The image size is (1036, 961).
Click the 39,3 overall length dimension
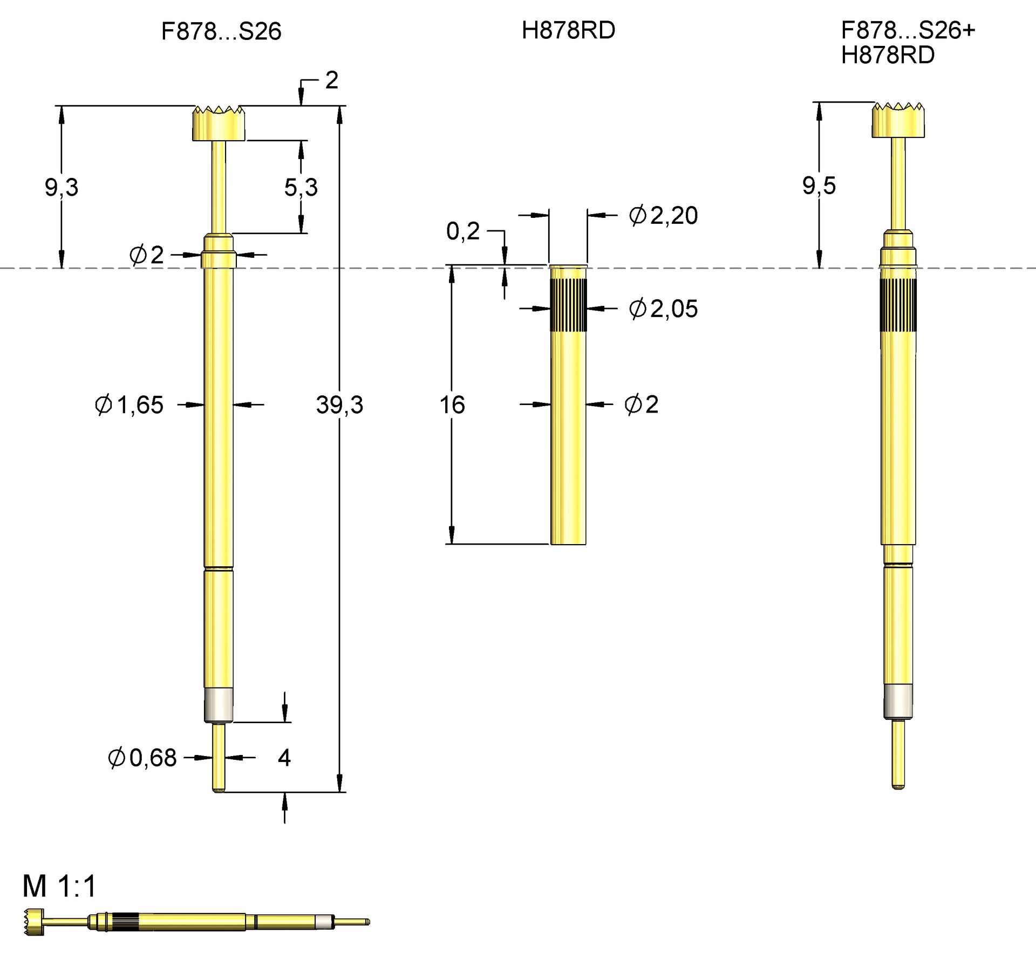pyautogui.click(x=339, y=405)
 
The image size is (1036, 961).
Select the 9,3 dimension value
pyautogui.click(x=62, y=188)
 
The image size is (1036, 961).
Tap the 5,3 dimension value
pyautogui.click(x=301, y=188)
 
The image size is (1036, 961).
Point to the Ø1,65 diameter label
pyautogui.click(x=129, y=405)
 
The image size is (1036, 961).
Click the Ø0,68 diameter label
pyautogui.click(x=142, y=758)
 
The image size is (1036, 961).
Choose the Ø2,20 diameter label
pyautogui.click(x=663, y=216)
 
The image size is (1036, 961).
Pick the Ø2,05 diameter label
pyautogui.click(x=663, y=309)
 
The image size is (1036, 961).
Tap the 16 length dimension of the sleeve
pyautogui.click(x=452, y=405)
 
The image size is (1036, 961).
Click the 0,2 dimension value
pyautogui.click(x=463, y=231)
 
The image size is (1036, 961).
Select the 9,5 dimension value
pyautogui.click(x=819, y=186)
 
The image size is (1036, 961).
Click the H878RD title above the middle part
pyautogui.click(x=568, y=30)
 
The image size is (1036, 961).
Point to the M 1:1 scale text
pyautogui.click(x=59, y=886)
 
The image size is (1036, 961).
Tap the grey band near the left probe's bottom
pyautogui.click(x=219, y=704)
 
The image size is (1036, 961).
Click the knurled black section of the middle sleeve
pyautogui.click(x=568, y=305)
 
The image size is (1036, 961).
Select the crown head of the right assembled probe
pyautogui.click(x=898, y=120)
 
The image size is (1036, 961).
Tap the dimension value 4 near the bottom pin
pyautogui.click(x=284, y=758)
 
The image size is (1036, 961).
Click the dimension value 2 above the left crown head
pyautogui.click(x=331, y=80)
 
